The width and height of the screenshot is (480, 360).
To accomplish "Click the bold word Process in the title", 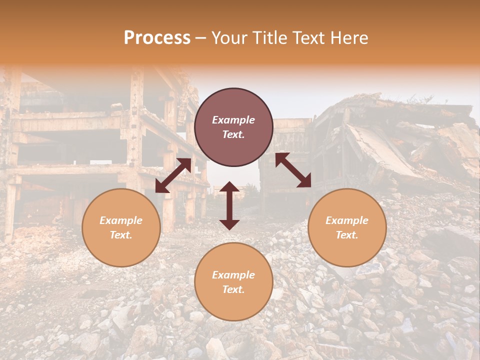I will pyautogui.click(x=157, y=38).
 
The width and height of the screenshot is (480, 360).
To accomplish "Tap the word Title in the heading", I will pyautogui.click(x=268, y=38).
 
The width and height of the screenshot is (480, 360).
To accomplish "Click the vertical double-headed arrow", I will pyautogui.click(x=229, y=205).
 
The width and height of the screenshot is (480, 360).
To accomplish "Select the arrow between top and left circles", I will pyautogui.click(x=173, y=175).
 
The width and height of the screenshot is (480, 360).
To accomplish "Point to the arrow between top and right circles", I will pyautogui.click(x=293, y=170).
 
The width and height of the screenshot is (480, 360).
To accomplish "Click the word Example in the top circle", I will pyautogui.click(x=233, y=120).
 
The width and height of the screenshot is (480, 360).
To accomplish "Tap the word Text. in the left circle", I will pyautogui.click(x=121, y=235).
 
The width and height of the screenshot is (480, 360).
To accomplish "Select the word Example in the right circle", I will pyautogui.click(x=347, y=220).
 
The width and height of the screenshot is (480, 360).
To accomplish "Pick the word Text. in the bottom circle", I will pyautogui.click(x=233, y=289).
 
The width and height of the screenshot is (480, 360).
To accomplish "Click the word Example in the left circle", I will pyautogui.click(x=121, y=220).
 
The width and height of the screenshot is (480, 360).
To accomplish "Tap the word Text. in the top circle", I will pyautogui.click(x=233, y=134).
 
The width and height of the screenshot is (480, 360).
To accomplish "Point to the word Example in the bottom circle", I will pyautogui.click(x=233, y=275).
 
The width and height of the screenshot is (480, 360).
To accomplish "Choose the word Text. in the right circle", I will pyautogui.click(x=347, y=235).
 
